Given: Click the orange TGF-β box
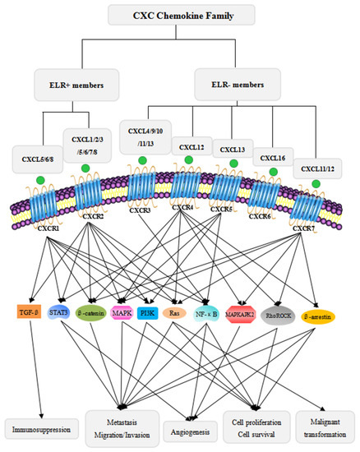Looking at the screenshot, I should coord(29,312).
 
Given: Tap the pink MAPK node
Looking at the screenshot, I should coord(135,312).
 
